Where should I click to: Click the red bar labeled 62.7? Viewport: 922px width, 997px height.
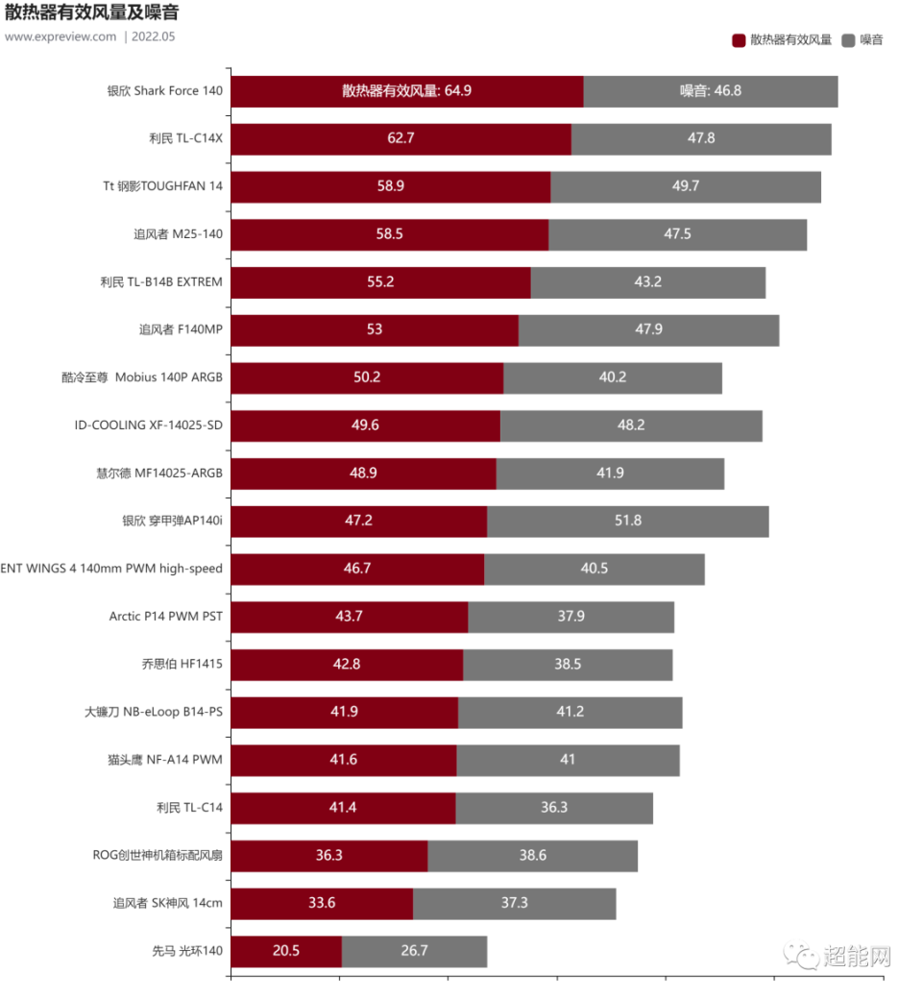pyautogui.click(x=400, y=138)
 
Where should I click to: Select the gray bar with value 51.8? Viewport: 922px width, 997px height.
pyautogui.click(x=628, y=521)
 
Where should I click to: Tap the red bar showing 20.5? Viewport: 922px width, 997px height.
pyautogui.click(x=286, y=951)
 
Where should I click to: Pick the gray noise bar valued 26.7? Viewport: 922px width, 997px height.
pyautogui.click(x=415, y=951)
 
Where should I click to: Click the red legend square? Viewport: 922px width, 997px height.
pyautogui.click(x=739, y=40)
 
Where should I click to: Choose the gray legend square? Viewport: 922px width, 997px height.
pyautogui.click(x=848, y=40)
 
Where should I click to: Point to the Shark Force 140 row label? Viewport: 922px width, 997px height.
pyautogui.click(x=165, y=91)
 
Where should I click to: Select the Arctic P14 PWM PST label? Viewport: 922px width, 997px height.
pyautogui.click(x=165, y=616)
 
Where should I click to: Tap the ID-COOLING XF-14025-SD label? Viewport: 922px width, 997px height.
pyautogui.click(x=149, y=425)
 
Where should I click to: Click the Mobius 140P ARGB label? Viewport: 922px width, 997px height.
pyautogui.click(x=142, y=377)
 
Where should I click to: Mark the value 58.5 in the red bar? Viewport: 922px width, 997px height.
pyautogui.click(x=390, y=234)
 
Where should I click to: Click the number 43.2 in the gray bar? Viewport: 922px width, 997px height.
pyautogui.click(x=648, y=282)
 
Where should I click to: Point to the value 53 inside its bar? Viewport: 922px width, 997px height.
pyautogui.click(x=375, y=329)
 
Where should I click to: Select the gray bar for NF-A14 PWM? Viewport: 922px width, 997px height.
pyautogui.click(x=569, y=760)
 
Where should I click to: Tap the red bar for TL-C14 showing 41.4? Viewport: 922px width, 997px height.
pyautogui.click(x=343, y=808)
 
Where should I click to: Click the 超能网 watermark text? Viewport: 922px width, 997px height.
pyautogui.click(x=857, y=955)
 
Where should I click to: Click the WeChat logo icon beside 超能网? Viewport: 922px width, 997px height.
pyautogui.click(x=802, y=954)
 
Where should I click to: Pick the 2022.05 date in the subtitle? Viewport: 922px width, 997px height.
pyautogui.click(x=154, y=36)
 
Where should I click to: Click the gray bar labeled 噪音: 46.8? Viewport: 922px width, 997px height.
pyautogui.click(x=711, y=91)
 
